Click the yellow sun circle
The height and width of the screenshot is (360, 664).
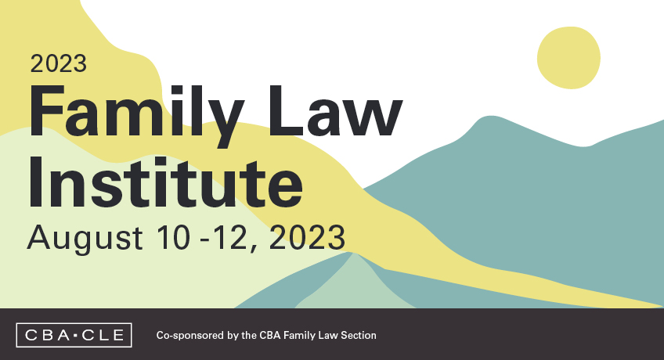(x=568, y=58)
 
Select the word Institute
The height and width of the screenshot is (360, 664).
(x=165, y=182)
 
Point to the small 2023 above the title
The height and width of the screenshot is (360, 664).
(x=59, y=64)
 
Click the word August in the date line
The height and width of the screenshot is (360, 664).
(x=85, y=238)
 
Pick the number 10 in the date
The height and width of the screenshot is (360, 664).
(x=173, y=237)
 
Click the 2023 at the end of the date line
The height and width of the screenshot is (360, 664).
(x=307, y=237)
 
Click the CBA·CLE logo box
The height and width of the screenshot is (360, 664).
(x=74, y=335)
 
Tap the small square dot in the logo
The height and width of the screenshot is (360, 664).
(x=76, y=336)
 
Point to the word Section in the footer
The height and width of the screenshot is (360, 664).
(x=359, y=335)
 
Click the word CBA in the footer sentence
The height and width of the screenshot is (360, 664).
(x=270, y=335)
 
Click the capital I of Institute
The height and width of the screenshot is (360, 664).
(x=35, y=182)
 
